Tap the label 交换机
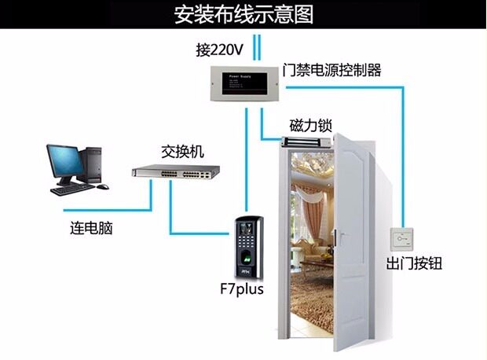click(181, 151)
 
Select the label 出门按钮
click(413, 264)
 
